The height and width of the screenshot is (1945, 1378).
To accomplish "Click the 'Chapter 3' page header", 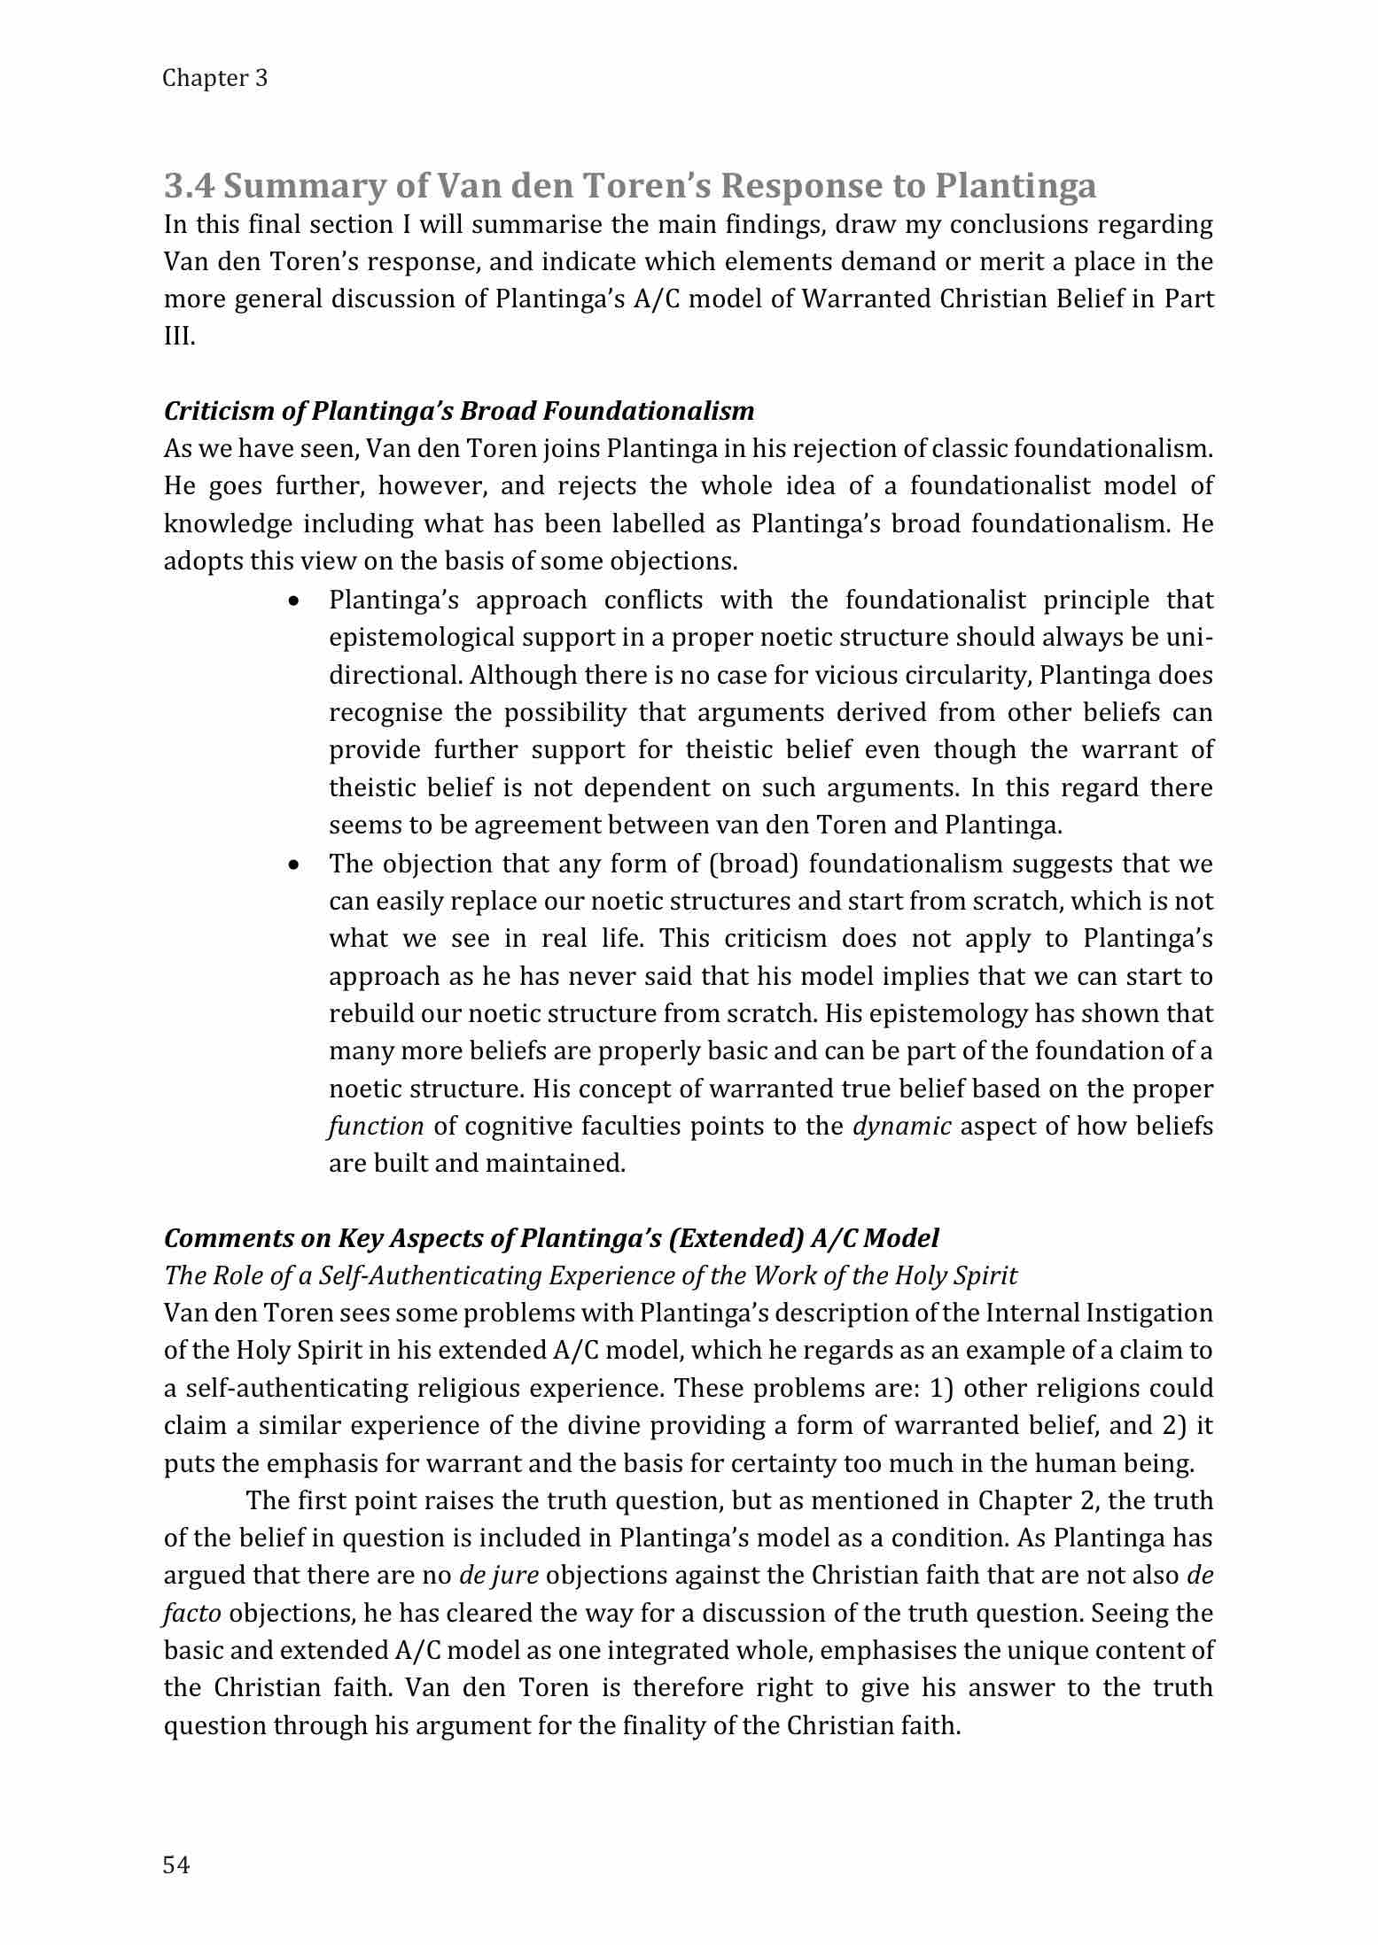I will [215, 79].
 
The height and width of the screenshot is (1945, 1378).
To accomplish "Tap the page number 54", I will [177, 1865].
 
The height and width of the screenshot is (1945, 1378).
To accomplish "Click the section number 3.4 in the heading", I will [189, 186].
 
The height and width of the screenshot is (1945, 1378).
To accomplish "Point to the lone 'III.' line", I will [179, 337].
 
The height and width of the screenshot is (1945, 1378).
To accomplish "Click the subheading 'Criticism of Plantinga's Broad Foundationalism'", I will [459, 411].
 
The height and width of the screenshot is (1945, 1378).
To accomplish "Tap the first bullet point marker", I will [293, 601].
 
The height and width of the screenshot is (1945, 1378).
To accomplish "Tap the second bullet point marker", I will [293, 864].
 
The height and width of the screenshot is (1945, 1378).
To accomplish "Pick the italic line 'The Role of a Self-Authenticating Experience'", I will [590, 1275].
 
